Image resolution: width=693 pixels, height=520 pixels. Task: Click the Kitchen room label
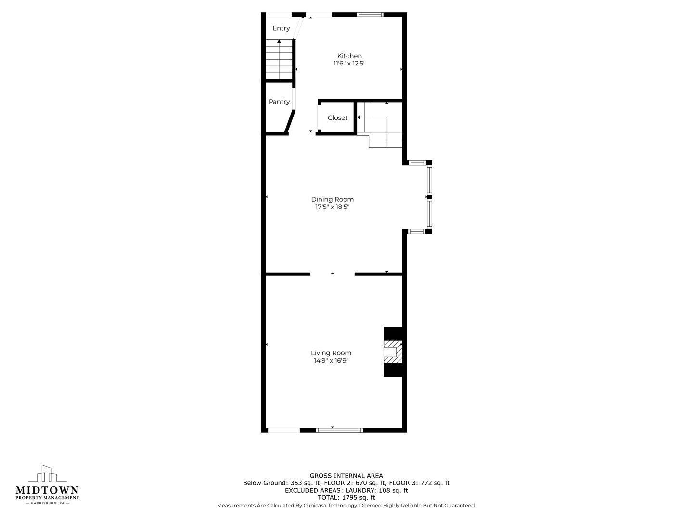click(x=349, y=56)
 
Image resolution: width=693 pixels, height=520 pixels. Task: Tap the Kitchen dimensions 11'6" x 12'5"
click(x=349, y=63)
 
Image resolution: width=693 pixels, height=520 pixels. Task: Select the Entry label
click(x=281, y=28)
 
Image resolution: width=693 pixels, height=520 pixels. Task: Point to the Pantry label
click(x=279, y=102)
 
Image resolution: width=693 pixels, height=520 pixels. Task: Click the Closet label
click(x=337, y=118)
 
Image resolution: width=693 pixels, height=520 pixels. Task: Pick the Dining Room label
click(x=333, y=199)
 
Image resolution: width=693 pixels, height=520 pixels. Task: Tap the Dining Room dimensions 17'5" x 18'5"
click(x=333, y=207)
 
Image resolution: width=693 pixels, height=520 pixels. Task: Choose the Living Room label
click(x=331, y=353)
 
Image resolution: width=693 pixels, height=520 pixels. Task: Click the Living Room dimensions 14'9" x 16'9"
click(x=331, y=361)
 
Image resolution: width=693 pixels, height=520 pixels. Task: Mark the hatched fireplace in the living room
click(x=393, y=351)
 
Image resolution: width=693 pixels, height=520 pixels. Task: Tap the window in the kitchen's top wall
click(x=370, y=14)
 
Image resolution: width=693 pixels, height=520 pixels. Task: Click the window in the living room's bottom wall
click(x=339, y=429)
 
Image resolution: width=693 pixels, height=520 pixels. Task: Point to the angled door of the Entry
click(x=298, y=28)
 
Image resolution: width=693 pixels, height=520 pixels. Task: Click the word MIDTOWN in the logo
click(x=47, y=490)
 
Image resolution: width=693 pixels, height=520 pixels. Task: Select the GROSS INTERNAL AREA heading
click(x=346, y=476)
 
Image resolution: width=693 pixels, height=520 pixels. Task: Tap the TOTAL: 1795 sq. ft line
click(x=346, y=497)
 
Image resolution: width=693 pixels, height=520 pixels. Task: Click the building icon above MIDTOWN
click(x=47, y=473)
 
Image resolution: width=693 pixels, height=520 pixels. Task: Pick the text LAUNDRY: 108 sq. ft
click(x=376, y=490)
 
